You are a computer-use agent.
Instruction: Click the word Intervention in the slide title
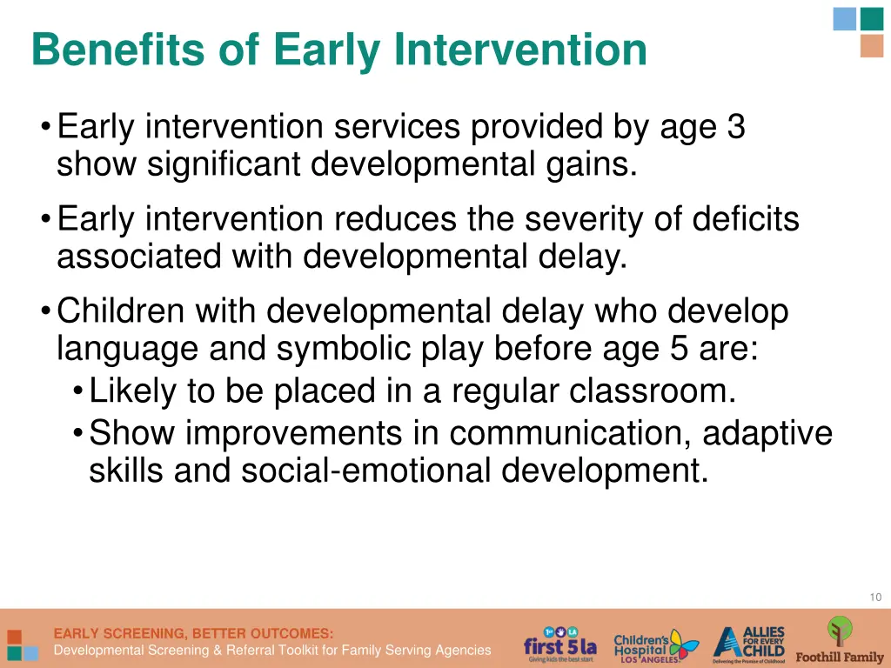[x=520, y=50]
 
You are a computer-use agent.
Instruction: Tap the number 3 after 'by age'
[x=735, y=128]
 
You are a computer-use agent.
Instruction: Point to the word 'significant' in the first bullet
[x=222, y=164]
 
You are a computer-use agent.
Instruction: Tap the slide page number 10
[x=874, y=597]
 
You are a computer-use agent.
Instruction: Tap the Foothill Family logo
[x=839, y=641]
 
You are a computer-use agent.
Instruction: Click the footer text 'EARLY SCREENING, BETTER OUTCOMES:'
[x=193, y=633]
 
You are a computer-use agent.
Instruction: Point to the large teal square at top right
[x=871, y=18]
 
